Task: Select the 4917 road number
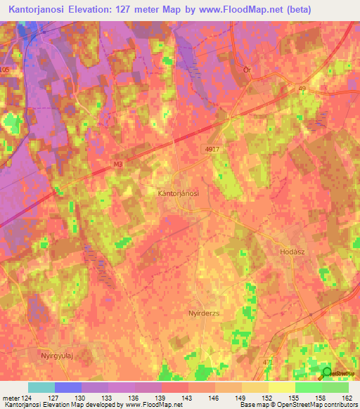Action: (x=212, y=149)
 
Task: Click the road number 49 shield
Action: (x=302, y=88)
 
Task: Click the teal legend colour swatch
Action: (x=41, y=387)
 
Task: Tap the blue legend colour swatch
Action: (x=68, y=387)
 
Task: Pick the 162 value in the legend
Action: (x=347, y=397)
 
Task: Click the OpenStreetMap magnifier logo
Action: (x=327, y=373)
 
